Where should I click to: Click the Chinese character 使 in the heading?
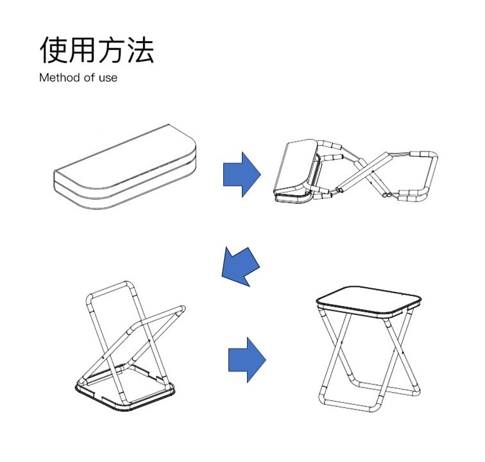tap(55, 49)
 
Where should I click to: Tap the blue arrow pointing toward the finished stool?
tap(246, 358)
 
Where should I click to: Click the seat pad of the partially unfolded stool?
tap(296, 168)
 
